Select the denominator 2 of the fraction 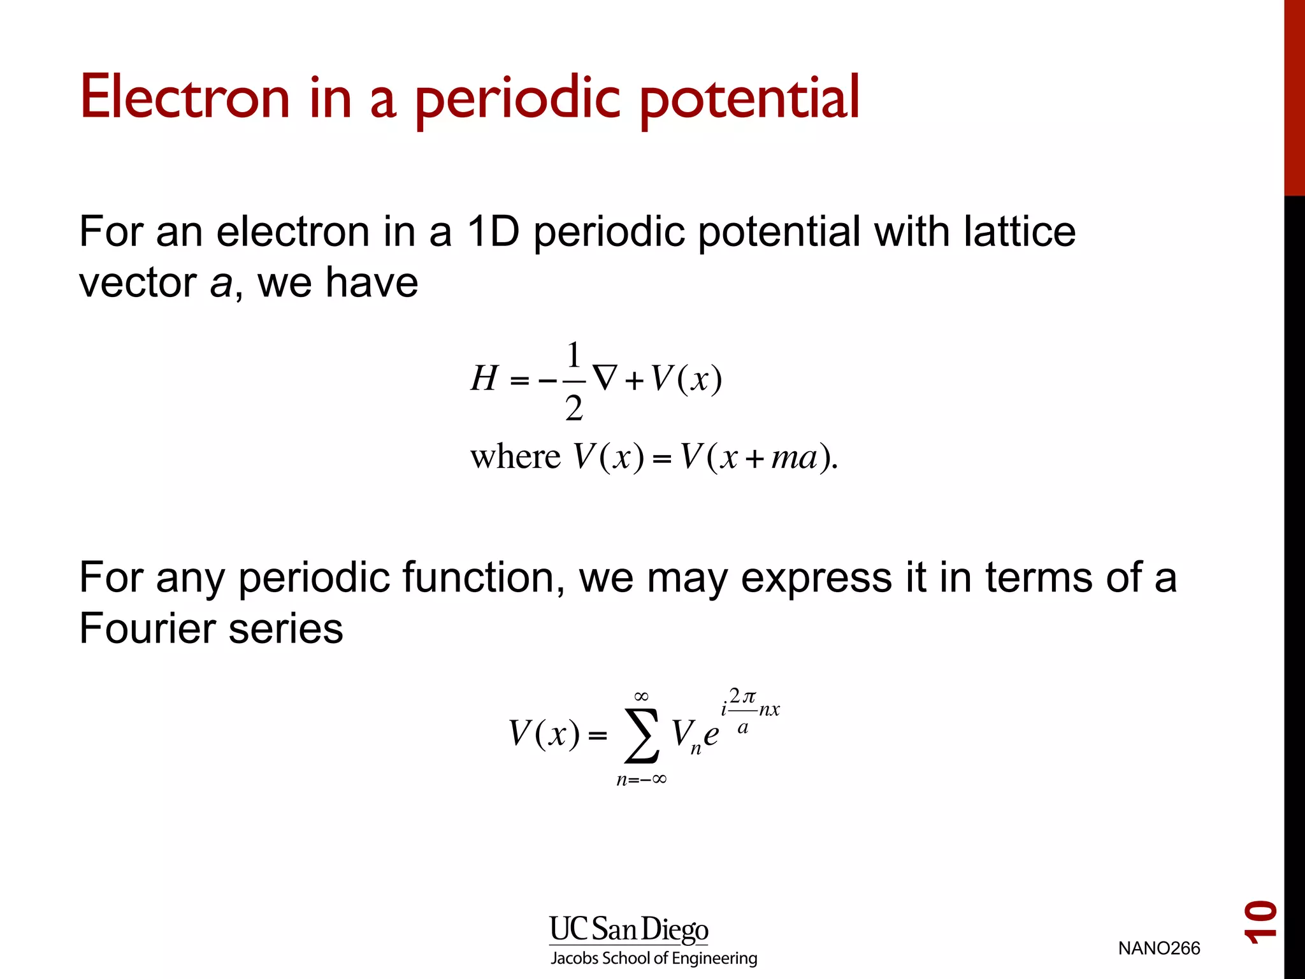tap(573, 409)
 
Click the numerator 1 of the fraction tap(573, 354)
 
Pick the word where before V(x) tap(515, 457)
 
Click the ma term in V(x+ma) tap(794, 457)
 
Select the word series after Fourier tap(285, 628)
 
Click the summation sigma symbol tap(642, 736)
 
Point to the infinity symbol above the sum tap(642, 696)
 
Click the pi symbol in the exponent tap(749, 696)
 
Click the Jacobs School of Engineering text tap(654, 959)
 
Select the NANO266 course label tap(1158, 948)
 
